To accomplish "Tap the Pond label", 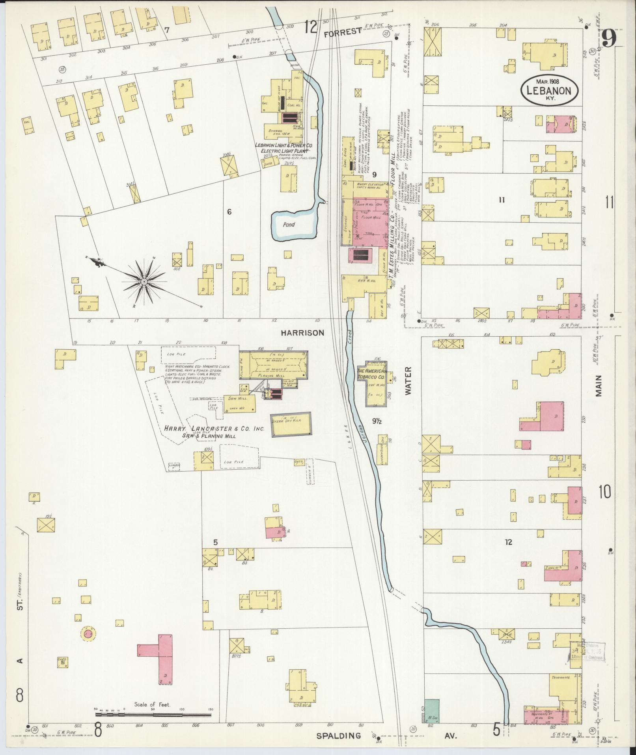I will click(x=289, y=225).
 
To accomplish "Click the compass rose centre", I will click(x=144, y=281).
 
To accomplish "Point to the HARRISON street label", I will click(x=302, y=333).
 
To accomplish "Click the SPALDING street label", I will click(x=339, y=736).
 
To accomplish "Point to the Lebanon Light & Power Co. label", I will click(x=284, y=146).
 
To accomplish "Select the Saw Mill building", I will click(x=240, y=403).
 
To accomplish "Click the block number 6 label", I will click(x=229, y=212).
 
